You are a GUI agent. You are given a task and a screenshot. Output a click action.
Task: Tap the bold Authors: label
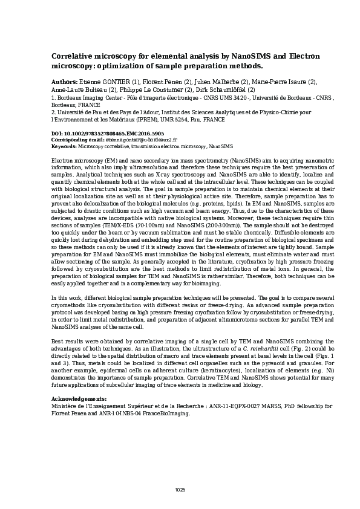click(64, 82)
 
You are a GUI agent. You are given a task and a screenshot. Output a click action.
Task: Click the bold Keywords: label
click(64, 146)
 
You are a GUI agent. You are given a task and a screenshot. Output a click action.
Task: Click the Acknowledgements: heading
click(79, 400)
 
